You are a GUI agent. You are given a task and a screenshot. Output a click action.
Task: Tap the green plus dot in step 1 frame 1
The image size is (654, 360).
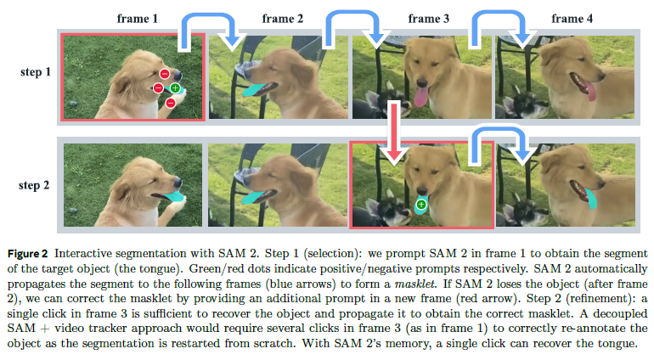pos(175,87)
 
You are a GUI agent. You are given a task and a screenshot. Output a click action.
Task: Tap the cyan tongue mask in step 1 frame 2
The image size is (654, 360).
pos(255,89)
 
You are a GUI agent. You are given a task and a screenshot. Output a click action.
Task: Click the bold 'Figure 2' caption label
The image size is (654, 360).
pos(31,254)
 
